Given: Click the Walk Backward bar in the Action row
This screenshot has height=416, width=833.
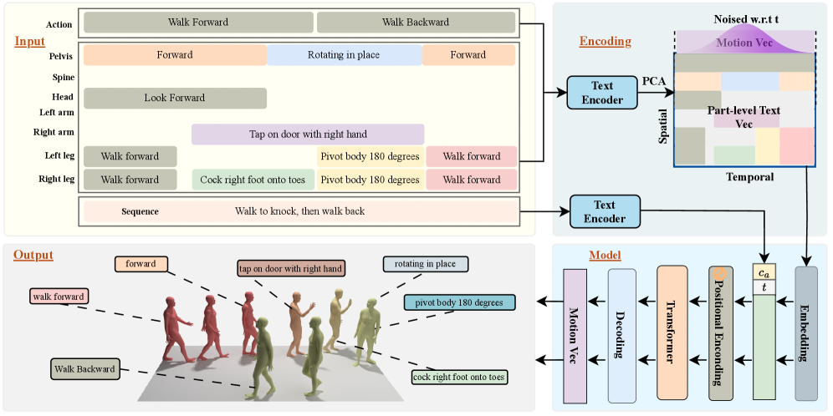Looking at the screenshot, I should pyautogui.click(x=415, y=23).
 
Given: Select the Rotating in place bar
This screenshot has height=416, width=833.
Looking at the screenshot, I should pyautogui.click(x=345, y=55).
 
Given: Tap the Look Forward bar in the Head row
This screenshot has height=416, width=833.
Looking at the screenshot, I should pyautogui.click(x=174, y=98).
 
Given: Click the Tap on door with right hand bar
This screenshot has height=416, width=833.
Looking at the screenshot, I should pyautogui.click(x=308, y=134).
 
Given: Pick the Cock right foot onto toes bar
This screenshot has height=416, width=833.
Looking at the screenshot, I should pyautogui.click(x=253, y=180).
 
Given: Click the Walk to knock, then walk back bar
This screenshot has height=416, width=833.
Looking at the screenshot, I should pyautogui.click(x=299, y=211).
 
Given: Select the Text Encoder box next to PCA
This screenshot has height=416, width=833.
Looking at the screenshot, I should pyautogui.click(x=601, y=92).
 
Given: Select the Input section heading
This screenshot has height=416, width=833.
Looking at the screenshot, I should pyautogui.click(x=30, y=41).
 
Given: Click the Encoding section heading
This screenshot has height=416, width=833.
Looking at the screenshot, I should pyautogui.click(x=606, y=41).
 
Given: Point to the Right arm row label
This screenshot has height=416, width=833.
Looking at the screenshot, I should pyautogui.click(x=54, y=132).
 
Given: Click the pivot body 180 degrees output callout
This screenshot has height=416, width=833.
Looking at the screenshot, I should pyautogui.click(x=459, y=302).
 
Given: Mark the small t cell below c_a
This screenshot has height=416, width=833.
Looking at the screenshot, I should pyautogui.click(x=764, y=286).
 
